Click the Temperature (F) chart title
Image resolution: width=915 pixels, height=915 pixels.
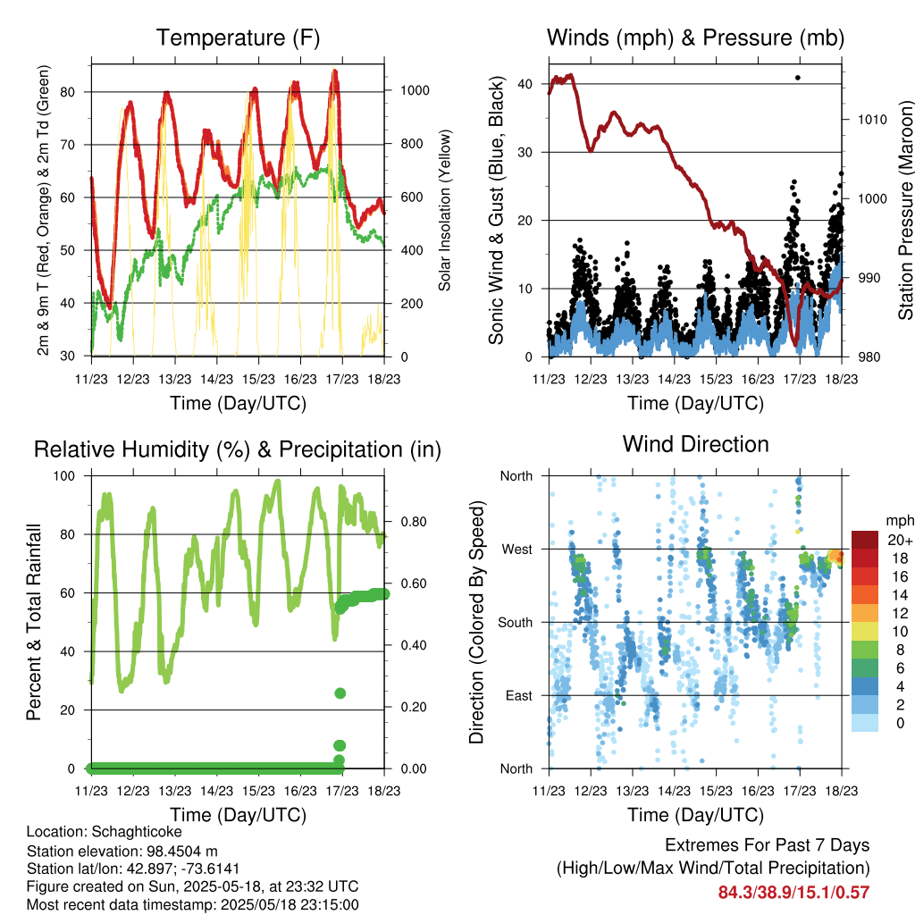pyautogui.click(x=238, y=38)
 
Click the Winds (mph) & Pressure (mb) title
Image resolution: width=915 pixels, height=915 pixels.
pyautogui.click(x=695, y=38)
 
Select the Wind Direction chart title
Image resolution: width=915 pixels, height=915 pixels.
pyautogui.click(x=695, y=444)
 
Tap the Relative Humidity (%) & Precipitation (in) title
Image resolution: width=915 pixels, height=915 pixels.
pyautogui.click(x=238, y=450)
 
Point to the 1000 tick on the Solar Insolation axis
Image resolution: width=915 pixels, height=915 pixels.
pyautogui.click(x=415, y=90)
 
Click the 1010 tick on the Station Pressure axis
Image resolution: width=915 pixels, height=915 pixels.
pyautogui.click(x=872, y=120)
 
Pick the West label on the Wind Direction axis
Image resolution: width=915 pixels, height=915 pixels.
pyautogui.click(x=517, y=550)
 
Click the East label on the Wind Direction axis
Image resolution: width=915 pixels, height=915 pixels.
pyautogui.click(x=519, y=695)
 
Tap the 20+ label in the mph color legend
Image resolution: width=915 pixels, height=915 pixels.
pyautogui.click(x=900, y=541)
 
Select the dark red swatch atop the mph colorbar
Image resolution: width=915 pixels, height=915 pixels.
pyautogui.click(x=865, y=540)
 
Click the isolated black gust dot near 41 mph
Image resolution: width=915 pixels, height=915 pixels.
pyautogui.click(x=798, y=78)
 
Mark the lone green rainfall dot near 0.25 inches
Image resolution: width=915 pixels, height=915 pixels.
pyautogui.click(x=340, y=693)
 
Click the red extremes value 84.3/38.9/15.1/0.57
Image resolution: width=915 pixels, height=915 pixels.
pyautogui.click(x=793, y=893)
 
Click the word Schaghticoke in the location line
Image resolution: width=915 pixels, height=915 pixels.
pyautogui.click(x=137, y=832)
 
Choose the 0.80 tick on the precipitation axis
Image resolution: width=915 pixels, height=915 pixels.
pyautogui.click(x=414, y=522)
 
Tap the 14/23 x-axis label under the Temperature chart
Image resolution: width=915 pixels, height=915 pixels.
pyautogui.click(x=216, y=379)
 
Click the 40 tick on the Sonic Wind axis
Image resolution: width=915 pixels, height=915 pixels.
pyautogui.click(x=525, y=84)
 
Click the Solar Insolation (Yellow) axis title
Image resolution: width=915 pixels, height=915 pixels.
pyautogui.click(x=445, y=210)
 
